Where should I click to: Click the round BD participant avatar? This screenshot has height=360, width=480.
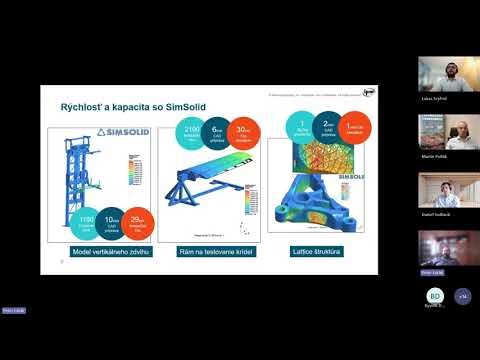point(435,297)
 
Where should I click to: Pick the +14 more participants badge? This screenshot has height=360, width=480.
point(462,297)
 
